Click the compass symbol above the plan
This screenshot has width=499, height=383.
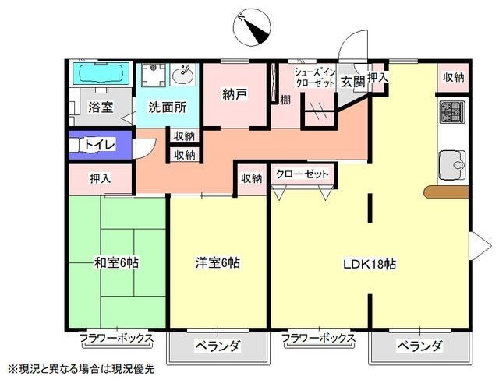point(253,27)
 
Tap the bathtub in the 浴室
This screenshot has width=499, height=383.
point(100,75)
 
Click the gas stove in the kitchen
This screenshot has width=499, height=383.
point(452,112)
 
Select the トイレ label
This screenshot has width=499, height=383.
point(100,145)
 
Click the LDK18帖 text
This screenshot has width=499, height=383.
point(370,263)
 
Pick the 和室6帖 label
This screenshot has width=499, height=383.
point(116,262)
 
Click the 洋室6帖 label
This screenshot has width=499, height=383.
point(218,262)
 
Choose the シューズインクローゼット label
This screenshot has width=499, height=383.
point(314,77)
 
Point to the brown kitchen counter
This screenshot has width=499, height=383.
point(446,191)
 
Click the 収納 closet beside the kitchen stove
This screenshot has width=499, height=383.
point(453,77)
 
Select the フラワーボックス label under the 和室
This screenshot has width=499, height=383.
point(116,339)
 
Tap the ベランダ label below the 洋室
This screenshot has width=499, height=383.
point(217,346)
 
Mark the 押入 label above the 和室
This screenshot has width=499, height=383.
point(100,178)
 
